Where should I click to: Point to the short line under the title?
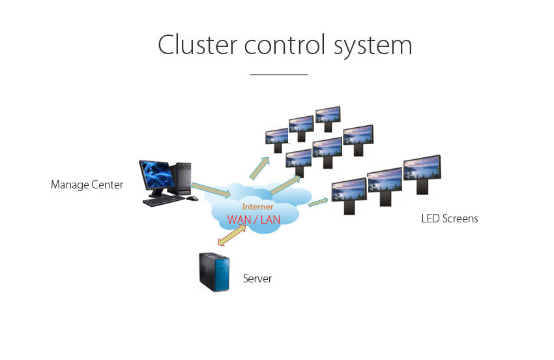[x=278, y=75]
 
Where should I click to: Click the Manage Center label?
[x=87, y=185]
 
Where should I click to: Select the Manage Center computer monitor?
[x=156, y=176]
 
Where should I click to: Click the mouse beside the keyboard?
[x=192, y=198]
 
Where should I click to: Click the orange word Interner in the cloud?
[x=258, y=207]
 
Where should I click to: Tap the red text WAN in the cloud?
[x=240, y=220]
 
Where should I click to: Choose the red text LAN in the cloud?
[x=270, y=220]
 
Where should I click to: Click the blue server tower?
[x=214, y=272]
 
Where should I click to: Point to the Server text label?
[x=257, y=279]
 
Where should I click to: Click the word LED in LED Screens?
[x=430, y=219]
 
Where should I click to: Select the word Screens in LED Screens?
[x=460, y=219]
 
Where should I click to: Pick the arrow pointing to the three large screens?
[x=318, y=202]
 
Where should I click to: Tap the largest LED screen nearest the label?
[x=423, y=171]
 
